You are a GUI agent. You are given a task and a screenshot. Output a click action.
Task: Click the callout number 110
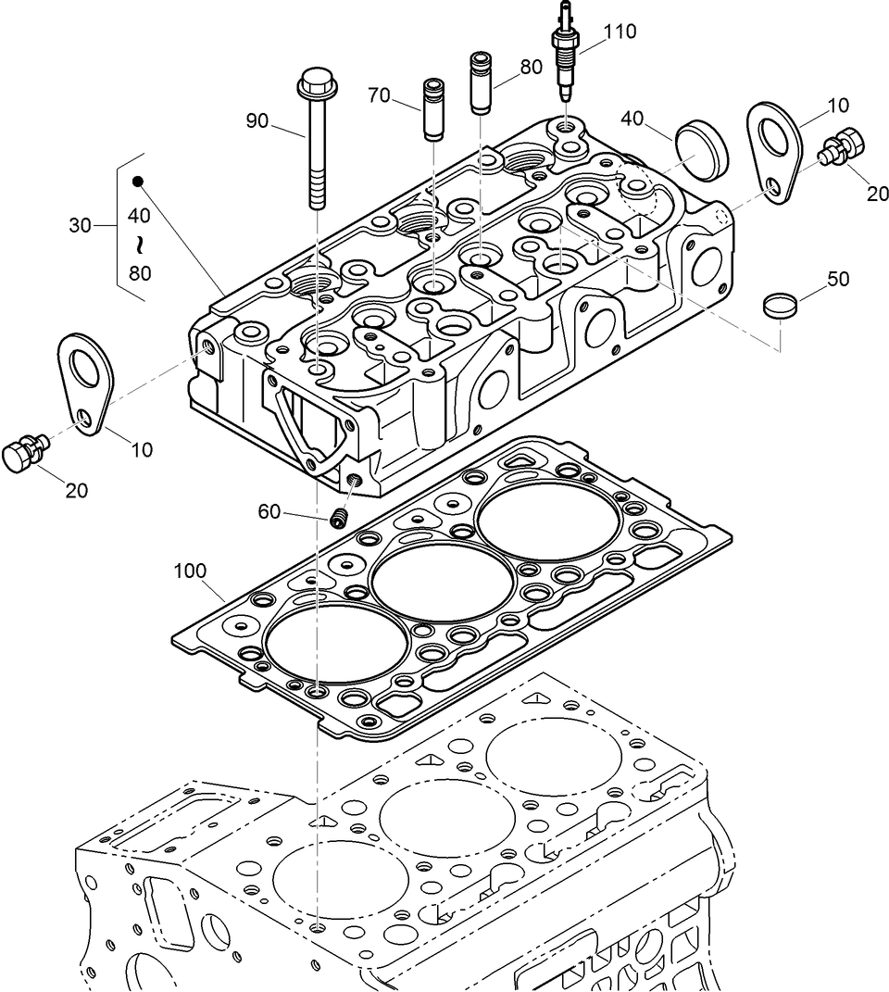click(x=620, y=31)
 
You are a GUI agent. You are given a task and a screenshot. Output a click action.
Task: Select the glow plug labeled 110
click(x=564, y=56)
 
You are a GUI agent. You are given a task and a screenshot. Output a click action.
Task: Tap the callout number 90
click(x=257, y=120)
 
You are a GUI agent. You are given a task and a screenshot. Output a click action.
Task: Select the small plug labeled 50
click(x=779, y=306)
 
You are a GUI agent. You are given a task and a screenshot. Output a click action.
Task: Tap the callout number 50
click(x=837, y=279)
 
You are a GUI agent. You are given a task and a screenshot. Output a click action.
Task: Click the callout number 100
click(x=190, y=570)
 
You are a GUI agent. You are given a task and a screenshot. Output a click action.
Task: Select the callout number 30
click(x=81, y=224)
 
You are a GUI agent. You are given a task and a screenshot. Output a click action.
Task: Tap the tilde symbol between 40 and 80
click(x=139, y=245)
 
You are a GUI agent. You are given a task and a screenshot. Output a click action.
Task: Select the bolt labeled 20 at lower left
click(x=20, y=454)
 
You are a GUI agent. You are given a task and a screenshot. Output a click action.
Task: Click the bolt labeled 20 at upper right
click(x=842, y=147)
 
